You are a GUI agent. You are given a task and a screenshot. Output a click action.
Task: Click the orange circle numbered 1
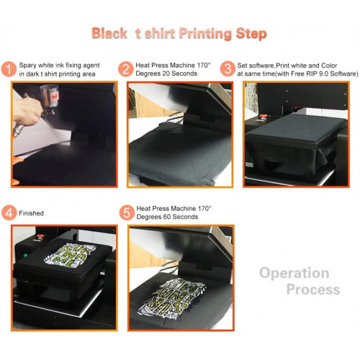9,69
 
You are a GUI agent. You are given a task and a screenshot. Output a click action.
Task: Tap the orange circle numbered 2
125,69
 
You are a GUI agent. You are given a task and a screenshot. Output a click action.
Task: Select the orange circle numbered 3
228,69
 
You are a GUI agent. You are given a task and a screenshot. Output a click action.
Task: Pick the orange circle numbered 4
9,212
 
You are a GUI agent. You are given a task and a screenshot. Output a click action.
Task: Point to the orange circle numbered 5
127,212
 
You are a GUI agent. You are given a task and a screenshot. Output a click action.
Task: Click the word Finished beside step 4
31,213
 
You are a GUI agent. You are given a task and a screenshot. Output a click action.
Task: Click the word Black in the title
109,33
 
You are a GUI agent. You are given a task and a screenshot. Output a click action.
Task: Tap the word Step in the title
251,34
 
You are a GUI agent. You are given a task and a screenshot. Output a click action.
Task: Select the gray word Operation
294,273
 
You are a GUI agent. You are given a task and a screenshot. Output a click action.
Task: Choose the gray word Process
313,289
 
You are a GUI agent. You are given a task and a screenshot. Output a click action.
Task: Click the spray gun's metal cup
49,96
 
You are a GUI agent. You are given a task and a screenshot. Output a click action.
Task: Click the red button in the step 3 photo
264,117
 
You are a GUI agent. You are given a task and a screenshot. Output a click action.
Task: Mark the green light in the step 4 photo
25,256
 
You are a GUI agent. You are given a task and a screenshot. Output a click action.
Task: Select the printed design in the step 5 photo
171,298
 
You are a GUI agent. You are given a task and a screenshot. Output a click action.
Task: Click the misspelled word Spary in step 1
27,66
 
